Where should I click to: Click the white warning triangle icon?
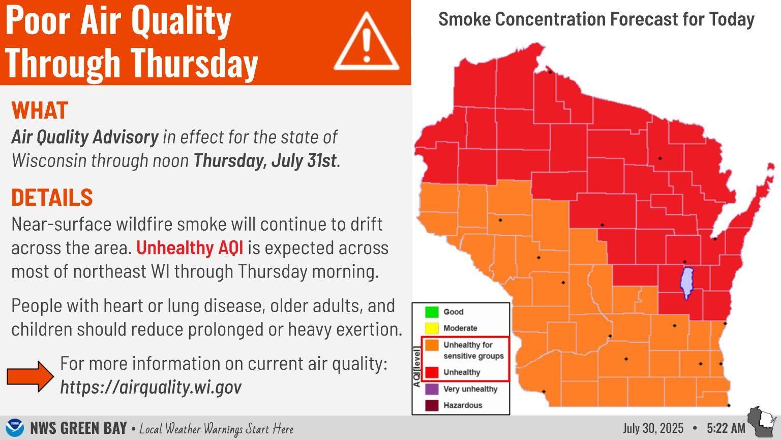[366, 43]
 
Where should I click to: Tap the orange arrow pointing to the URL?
[30, 376]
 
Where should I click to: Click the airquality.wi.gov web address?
[151, 387]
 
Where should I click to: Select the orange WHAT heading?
[40, 110]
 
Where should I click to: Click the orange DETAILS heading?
[52, 197]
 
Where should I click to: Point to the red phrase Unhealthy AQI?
[189, 248]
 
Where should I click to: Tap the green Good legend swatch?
[432, 312]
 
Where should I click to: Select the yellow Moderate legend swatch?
[432, 328]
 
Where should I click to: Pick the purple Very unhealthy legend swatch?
[432, 389]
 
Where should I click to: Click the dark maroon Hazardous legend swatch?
[432, 405]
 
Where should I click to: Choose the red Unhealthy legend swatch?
[432, 372]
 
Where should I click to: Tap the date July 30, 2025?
[653, 428]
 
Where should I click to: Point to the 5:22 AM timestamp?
[726, 428]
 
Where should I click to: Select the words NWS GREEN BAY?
[78, 428]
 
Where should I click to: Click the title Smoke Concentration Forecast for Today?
[596, 19]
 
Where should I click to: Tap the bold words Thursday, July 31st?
[265, 160]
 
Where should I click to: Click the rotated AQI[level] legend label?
[417, 367]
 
